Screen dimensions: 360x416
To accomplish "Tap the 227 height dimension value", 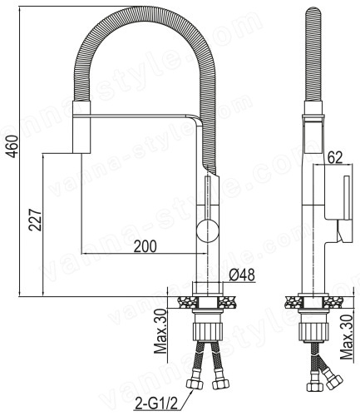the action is pyautogui.click(x=35, y=220).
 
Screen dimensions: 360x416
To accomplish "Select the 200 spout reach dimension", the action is pyautogui.click(x=145, y=246).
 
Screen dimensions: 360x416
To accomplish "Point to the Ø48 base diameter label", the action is pyautogui.click(x=242, y=275).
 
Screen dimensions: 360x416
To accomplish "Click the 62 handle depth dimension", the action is pyautogui.click(x=335, y=157).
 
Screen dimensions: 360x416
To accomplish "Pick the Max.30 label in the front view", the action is pyautogui.click(x=160, y=332).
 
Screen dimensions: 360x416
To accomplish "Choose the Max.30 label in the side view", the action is pyautogui.click(x=346, y=337).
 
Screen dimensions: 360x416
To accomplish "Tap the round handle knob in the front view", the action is pyautogui.click(x=208, y=230).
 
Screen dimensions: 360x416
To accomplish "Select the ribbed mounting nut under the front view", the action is pyautogui.click(x=207, y=331).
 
